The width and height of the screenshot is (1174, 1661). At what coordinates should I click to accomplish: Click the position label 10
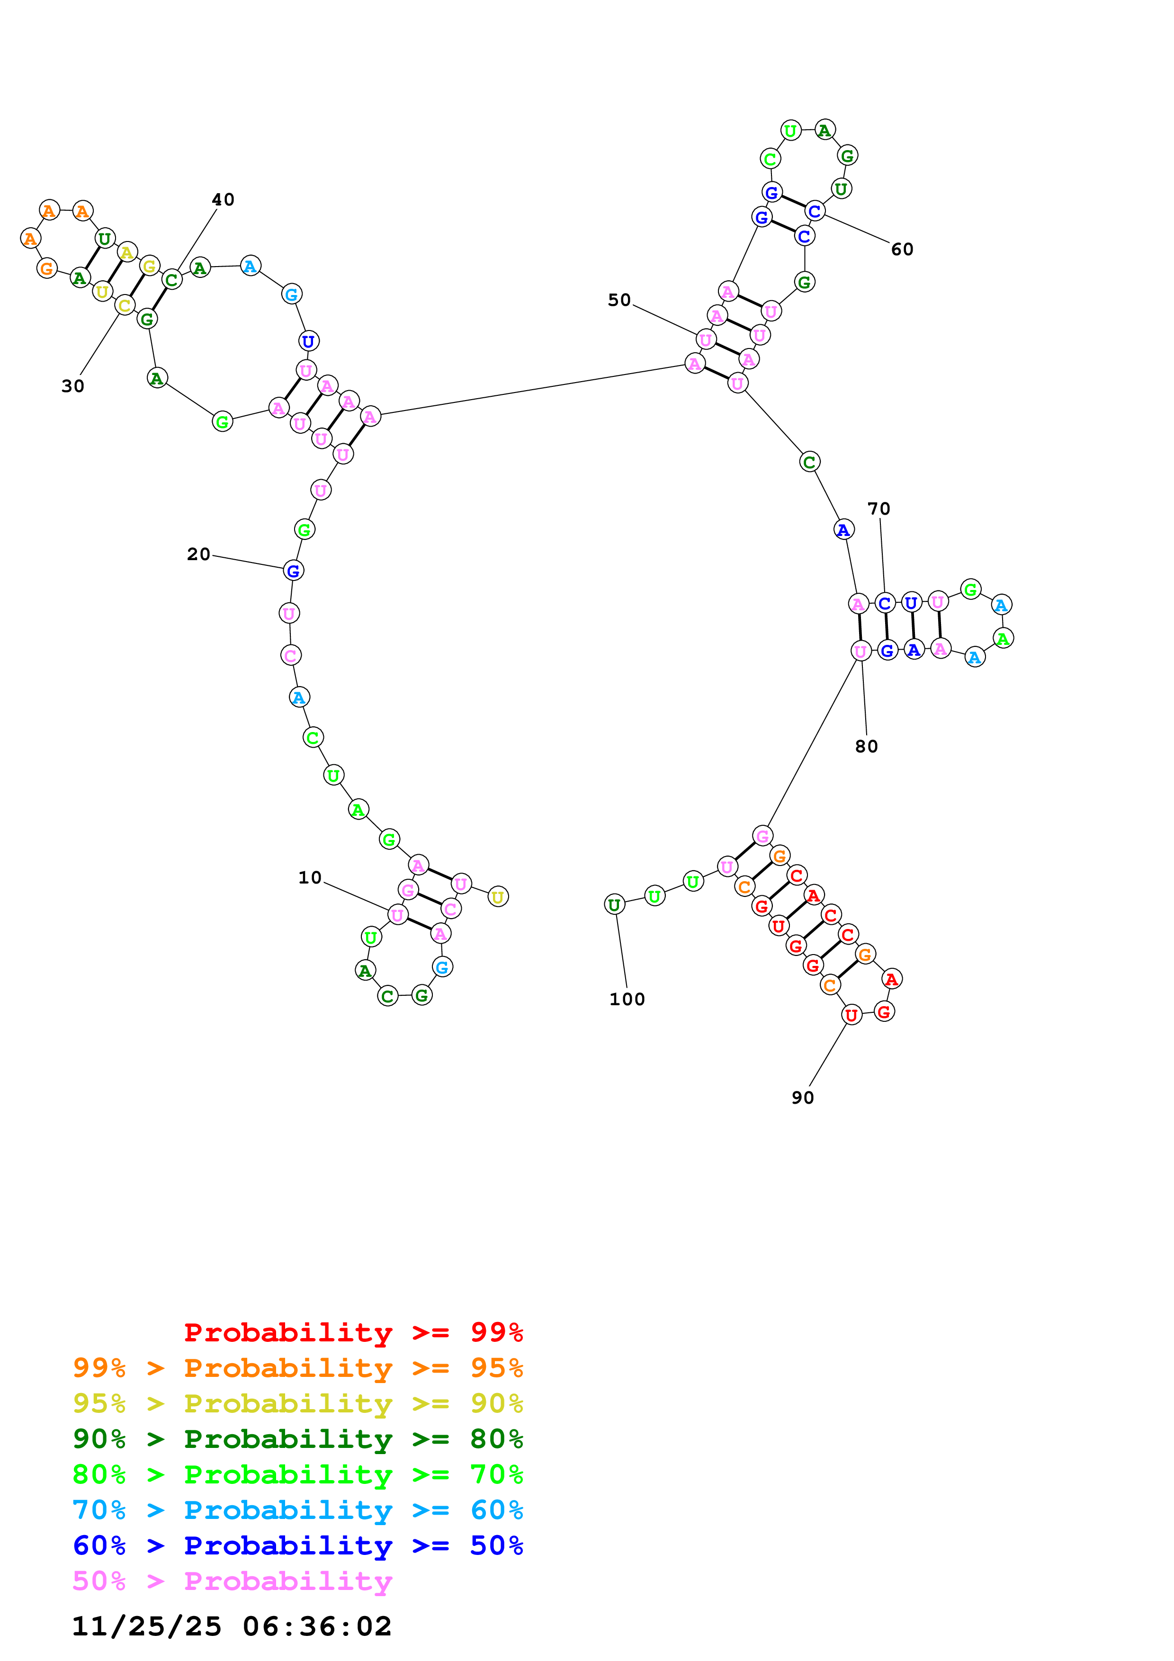pyautogui.click(x=310, y=877)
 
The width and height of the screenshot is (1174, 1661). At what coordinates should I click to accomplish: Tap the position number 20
pyautogui.click(x=198, y=554)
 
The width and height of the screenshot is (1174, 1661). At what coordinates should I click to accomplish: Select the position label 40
pyautogui.click(x=223, y=200)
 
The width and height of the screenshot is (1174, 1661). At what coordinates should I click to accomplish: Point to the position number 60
pyautogui.click(x=902, y=250)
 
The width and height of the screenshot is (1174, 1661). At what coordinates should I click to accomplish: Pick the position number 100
pyautogui.click(x=627, y=999)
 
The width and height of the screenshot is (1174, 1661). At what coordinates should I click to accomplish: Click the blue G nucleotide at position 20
pyautogui.click(x=293, y=571)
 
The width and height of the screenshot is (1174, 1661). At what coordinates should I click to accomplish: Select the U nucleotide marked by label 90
pyautogui.click(x=851, y=1015)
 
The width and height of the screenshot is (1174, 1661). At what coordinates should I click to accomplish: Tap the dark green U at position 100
pyautogui.click(x=614, y=904)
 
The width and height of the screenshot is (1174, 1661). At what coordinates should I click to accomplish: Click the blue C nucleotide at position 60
pyautogui.click(x=815, y=211)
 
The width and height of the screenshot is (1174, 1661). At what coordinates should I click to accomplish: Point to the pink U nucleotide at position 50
pyautogui.click(x=705, y=339)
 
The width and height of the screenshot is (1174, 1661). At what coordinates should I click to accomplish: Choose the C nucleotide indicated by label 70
pyautogui.click(x=884, y=603)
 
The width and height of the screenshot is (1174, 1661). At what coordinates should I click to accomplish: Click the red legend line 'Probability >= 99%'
pyautogui.click(x=353, y=1332)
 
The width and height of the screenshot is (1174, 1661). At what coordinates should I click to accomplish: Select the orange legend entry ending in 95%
pyautogui.click(x=297, y=1367)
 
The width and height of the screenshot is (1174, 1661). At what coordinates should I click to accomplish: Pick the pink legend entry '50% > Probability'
pyautogui.click(x=232, y=1581)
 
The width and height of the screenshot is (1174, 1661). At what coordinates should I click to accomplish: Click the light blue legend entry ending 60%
pyautogui.click(x=297, y=1510)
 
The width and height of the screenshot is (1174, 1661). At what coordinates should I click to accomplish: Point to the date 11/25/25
pyautogui.click(x=146, y=1626)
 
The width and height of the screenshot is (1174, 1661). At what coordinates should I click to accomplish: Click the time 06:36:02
pyautogui.click(x=317, y=1626)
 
